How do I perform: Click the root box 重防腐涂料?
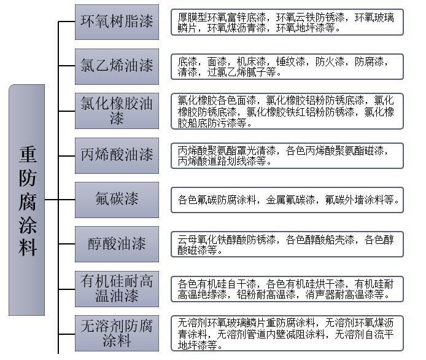[x=26, y=200]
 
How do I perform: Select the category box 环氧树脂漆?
[x=117, y=22]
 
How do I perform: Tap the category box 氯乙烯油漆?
[x=117, y=66]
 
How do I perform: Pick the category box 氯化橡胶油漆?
[x=117, y=111]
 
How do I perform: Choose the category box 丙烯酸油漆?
[x=117, y=155]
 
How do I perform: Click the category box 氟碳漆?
[x=117, y=200]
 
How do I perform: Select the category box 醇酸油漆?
[x=117, y=244]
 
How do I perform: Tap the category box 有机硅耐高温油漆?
[x=117, y=289]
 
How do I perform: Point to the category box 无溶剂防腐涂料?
[x=117, y=334]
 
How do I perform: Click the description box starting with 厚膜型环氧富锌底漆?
[x=287, y=22]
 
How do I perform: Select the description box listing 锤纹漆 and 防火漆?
[x=287, y=66]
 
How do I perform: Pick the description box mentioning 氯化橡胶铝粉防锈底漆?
[x=287, y=111]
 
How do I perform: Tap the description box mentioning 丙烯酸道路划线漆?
[x=287, y=155]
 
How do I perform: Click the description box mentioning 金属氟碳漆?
[x=287, y=200]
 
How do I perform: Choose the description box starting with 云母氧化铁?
[x=287, y=244]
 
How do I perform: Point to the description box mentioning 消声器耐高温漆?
[x=287, y=289]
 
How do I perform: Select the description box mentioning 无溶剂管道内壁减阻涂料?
[x=287, y=334]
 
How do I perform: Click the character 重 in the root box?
[x=28, y=154]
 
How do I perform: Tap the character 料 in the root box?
[x=28, y=247]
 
